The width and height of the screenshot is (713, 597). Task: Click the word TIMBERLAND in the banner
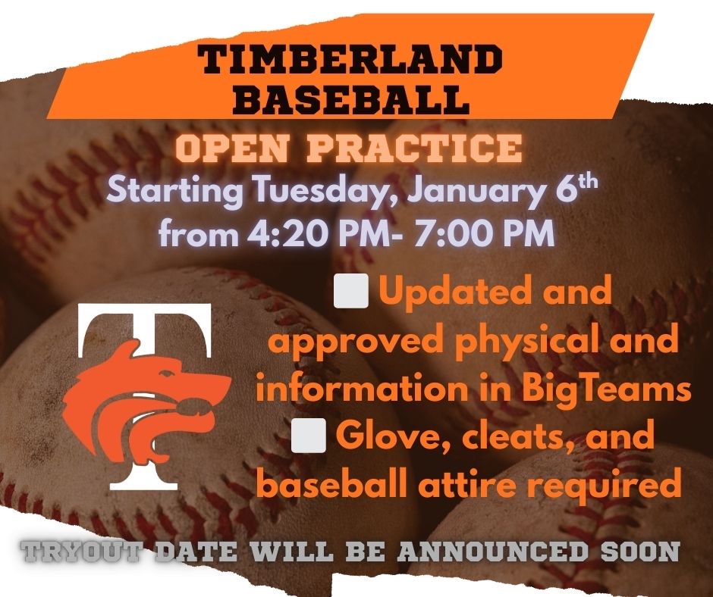[x=350, y=60]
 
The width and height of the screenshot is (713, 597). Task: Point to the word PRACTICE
[x=417, y=148]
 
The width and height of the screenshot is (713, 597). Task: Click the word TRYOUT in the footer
[x=87, y=551]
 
